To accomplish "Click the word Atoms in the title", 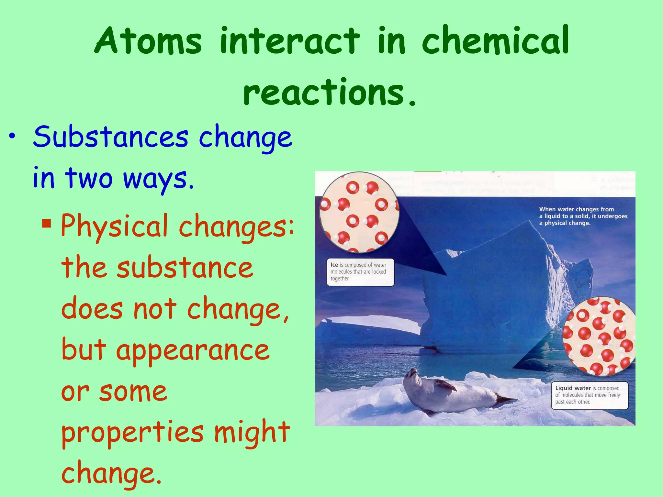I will (x=148, y=41).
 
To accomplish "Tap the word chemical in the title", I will (x=495, y=41).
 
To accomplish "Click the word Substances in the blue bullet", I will (x=110, y=137).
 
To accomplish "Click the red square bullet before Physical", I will (x=47, y=223).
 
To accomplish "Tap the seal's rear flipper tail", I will (x=505, y=400).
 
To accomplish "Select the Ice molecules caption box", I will (x=360, y=272).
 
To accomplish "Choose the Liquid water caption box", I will (x=590, y=395).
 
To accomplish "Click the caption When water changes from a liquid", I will (x=583, y=216).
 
